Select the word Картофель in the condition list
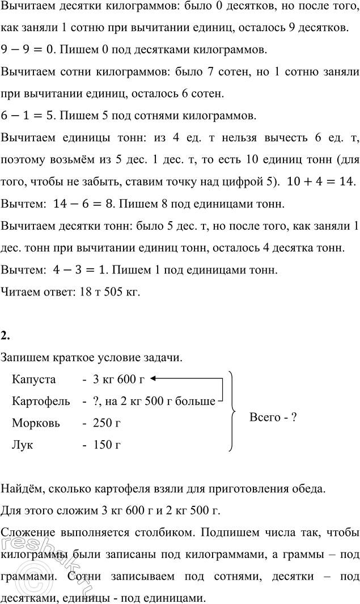(x=41, y=401)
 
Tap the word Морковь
(x=35, y=423)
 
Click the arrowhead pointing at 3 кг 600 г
(x=155, y=379)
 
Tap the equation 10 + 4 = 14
(x=321, y=181)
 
